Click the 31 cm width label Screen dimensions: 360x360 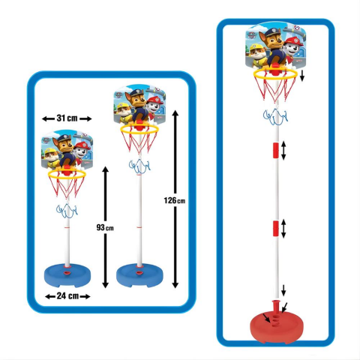[x=67, y=118]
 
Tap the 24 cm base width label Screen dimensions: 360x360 [x=67, y=296]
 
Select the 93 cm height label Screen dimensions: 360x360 [x=105, y=227]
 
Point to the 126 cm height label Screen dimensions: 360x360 [x=175, y=200]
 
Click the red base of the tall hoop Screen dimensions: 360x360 [x=277, y=325]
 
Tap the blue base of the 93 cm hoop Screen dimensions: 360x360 [x=67, y=275]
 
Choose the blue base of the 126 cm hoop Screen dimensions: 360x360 [x=139, y=275]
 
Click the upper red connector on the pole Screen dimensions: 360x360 [x=275, y=150]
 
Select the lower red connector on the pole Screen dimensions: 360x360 [x=275, y=229]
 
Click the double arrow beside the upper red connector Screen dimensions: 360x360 [x=283, y=151]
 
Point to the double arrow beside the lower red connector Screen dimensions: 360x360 [x=283, y=229]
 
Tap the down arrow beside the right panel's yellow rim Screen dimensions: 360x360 [x=302, y=76]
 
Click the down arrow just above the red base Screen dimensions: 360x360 [x=283, y=290]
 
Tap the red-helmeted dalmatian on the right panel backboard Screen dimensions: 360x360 [x=292, y=49]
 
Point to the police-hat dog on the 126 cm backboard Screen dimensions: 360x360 [x=136, y=105]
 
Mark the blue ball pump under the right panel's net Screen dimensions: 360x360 [x=275, y=117]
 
